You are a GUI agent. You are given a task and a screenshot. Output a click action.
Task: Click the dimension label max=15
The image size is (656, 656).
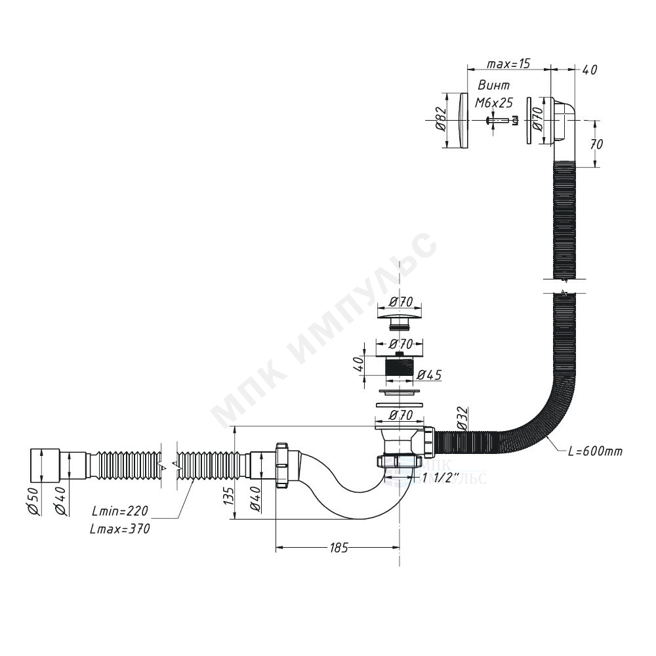[508, 64]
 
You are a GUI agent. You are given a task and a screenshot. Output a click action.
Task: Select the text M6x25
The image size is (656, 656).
[494, 102]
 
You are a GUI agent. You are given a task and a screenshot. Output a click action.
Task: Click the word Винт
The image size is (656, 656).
[494, 85]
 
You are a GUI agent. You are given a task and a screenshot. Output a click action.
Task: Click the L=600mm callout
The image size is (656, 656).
[596, 451]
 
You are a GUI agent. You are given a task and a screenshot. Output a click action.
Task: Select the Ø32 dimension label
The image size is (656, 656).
[461, 418]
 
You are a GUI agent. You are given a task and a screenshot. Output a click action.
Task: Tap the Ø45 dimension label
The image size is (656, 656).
[429, 375]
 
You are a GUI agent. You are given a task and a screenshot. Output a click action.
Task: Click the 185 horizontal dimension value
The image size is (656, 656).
[338, 548]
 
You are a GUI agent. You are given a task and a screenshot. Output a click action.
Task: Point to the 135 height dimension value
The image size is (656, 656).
[228, 495]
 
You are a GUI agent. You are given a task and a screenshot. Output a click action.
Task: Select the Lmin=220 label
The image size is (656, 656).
[119, 510]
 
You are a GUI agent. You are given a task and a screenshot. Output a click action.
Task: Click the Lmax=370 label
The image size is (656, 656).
[120, 529]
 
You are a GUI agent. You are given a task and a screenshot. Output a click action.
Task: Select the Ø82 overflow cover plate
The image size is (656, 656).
[462, 120]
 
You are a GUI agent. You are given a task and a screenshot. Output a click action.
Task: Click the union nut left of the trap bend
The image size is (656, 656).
[283, 464]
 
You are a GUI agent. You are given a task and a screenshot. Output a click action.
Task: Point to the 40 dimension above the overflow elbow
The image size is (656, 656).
[589, 70]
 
